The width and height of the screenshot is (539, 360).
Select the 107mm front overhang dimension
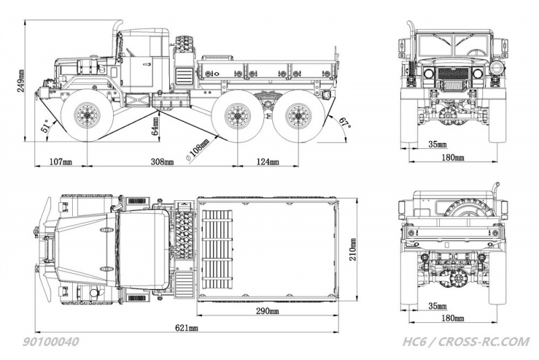[x=61, y=162]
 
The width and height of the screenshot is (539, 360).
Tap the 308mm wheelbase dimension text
[x=161, y=162]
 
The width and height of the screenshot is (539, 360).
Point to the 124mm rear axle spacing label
[x=267, y=162]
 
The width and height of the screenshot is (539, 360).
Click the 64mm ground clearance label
[x=155, y=126]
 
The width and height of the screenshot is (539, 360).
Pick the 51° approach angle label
[x=45, y=128]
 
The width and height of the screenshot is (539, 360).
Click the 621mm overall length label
[x=187, y=328]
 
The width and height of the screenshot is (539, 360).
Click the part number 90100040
[x=55, y=342]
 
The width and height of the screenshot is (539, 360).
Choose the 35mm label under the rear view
[x=437, y=305]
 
